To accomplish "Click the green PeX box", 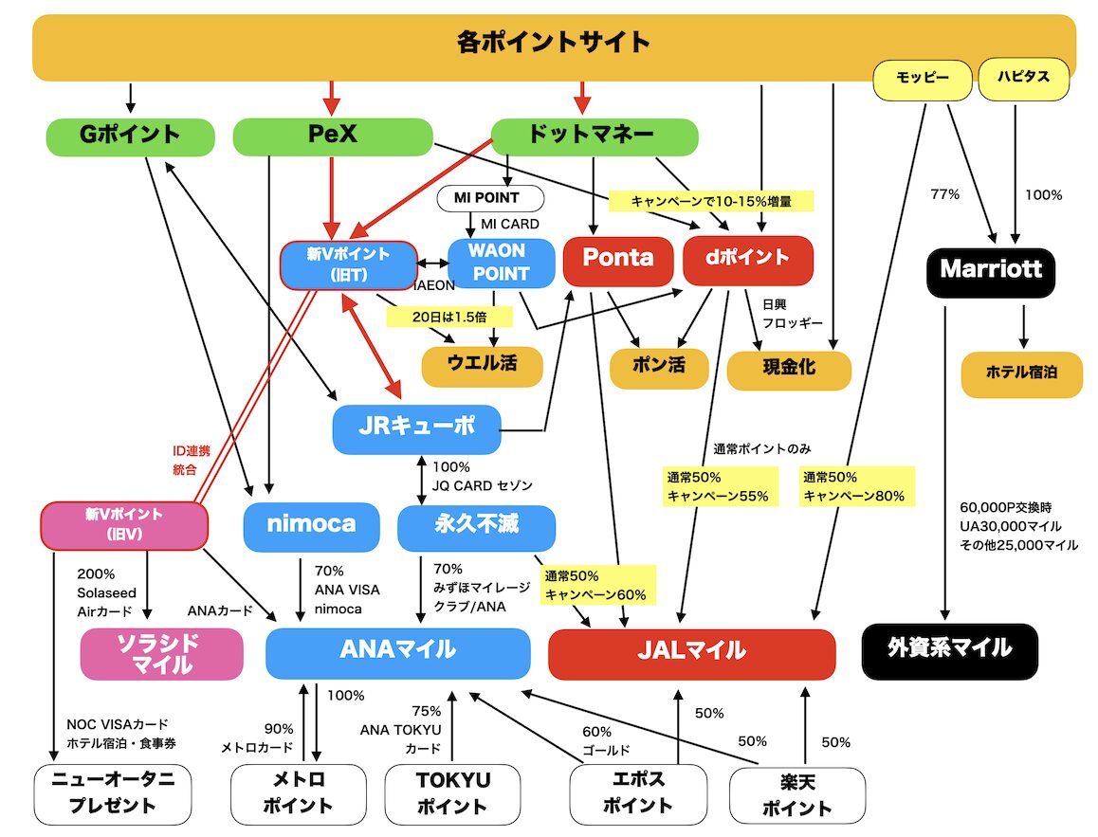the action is [333, 136].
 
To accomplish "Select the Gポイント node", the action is [130, 136].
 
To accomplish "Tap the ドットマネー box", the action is [594, 136].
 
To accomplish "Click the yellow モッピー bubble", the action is [923, 79].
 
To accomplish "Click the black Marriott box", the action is [990, 271].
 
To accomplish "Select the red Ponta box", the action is [618, 261].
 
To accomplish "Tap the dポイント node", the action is [748, 261].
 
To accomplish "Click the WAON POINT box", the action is [501, 264].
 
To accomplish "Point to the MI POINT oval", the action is [490, 198].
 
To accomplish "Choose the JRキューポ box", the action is [416, 428].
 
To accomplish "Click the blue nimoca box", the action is [312, 526].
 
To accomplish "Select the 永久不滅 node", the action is [476, 527].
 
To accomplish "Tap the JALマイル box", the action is [692, 654].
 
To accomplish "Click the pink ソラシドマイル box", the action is [162, 654].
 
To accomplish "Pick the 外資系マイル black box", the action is [949, 651].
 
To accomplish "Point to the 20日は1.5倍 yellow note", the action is [449, 317].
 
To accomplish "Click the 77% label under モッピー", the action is [944, 194].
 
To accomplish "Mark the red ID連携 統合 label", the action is [191, 460].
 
